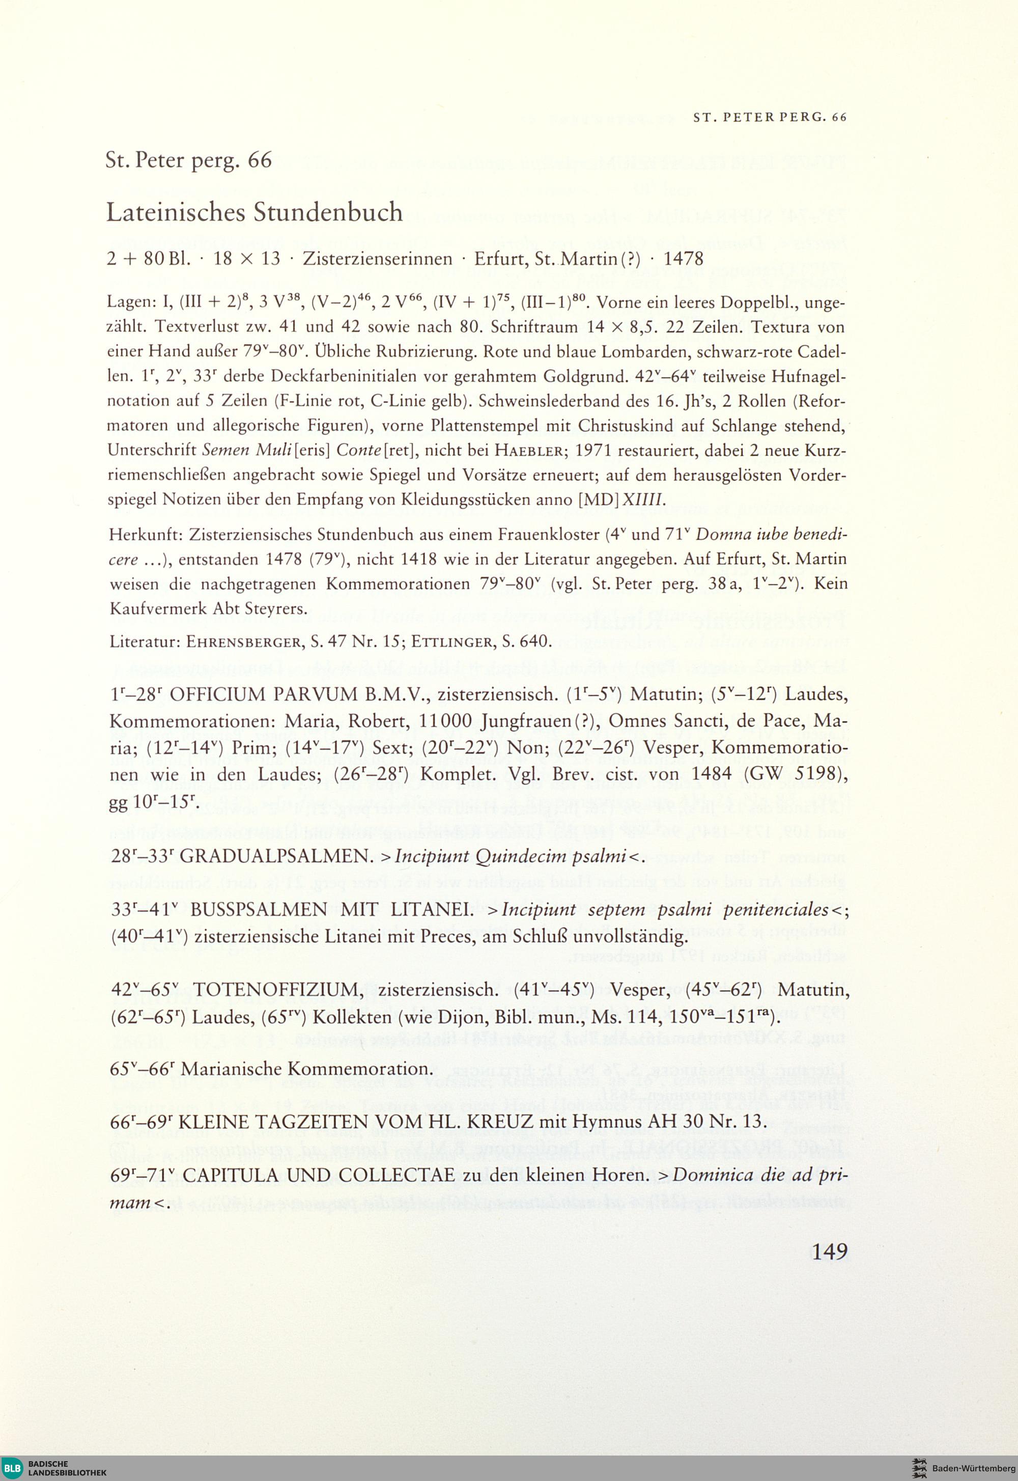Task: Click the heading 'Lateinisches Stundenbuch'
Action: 254,212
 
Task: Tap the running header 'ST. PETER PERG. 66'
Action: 769,118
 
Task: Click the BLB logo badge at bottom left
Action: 13,1468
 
